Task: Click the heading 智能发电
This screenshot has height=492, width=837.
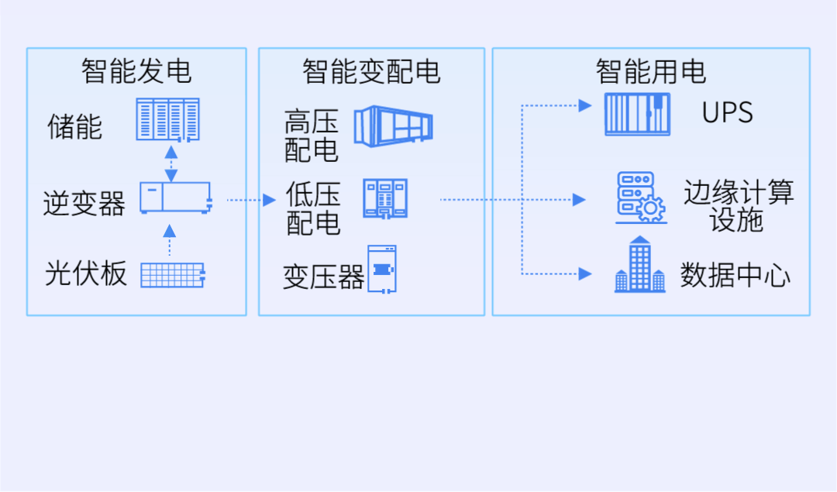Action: tap(136, 71)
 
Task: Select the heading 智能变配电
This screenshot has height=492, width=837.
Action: tap(371, 71)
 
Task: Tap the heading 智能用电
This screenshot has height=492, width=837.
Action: tap(651, 71)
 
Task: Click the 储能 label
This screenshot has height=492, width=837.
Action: tap(74, 126)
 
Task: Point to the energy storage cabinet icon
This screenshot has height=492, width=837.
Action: tap(168, 119)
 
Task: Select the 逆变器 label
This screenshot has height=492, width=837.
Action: tap(84, 203)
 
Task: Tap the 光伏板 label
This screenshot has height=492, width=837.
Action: tap(85, 274)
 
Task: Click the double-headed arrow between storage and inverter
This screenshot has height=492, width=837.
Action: tap(170, 163)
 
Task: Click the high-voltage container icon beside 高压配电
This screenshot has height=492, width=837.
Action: tap(393, 126)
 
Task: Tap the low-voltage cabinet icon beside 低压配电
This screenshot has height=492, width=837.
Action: tap(385, 198)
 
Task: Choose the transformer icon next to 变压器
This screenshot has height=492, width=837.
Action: tap(381, 269)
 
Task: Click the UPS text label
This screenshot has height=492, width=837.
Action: tap(727, 113)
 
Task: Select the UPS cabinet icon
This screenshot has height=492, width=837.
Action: tap(637, 115)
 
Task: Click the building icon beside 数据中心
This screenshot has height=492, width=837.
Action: tap(639, 265)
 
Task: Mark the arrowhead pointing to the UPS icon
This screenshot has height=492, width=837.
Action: tap(585, 105)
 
